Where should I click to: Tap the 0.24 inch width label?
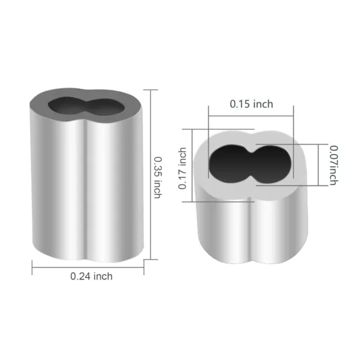pos(91,276)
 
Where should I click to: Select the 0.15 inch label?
pos(251,104)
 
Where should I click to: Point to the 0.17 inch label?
pos(184,170)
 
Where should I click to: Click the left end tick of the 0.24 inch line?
pos(32,266)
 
